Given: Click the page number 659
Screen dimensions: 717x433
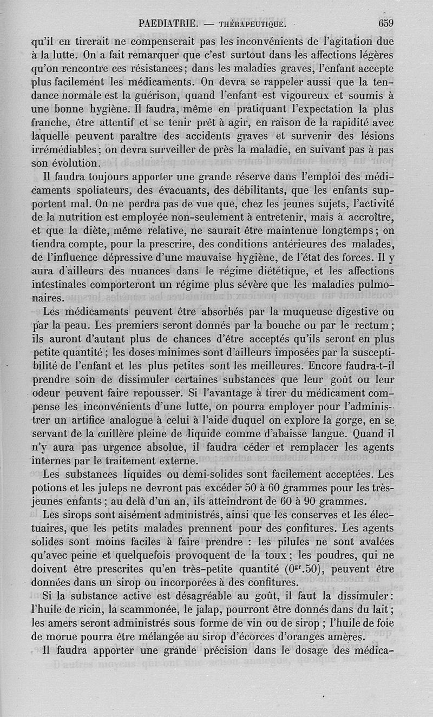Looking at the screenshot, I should [x=385, y=23].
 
